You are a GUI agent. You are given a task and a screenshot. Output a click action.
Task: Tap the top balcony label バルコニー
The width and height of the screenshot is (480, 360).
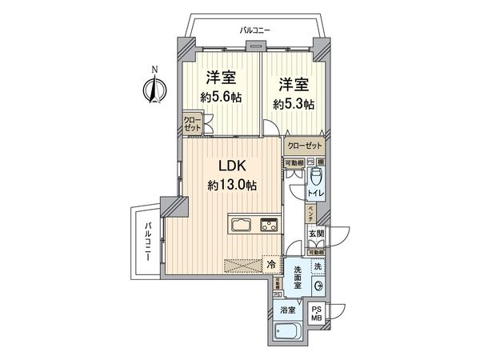255,30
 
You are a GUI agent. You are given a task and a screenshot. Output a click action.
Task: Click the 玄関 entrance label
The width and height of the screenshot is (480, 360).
316,234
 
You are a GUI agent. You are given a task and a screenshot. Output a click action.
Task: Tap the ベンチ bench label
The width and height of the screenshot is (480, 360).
310,214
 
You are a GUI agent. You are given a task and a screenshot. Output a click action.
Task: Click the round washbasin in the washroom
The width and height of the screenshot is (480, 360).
318,286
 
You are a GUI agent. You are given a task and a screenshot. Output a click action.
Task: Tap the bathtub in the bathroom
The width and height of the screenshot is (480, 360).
287,331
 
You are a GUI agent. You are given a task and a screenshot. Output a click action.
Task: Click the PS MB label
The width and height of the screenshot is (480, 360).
316,314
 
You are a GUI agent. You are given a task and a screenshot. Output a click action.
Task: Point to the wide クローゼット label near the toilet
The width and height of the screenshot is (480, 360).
304,146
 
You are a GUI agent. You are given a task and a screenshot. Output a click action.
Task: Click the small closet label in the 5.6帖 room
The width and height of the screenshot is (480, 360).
192,125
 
